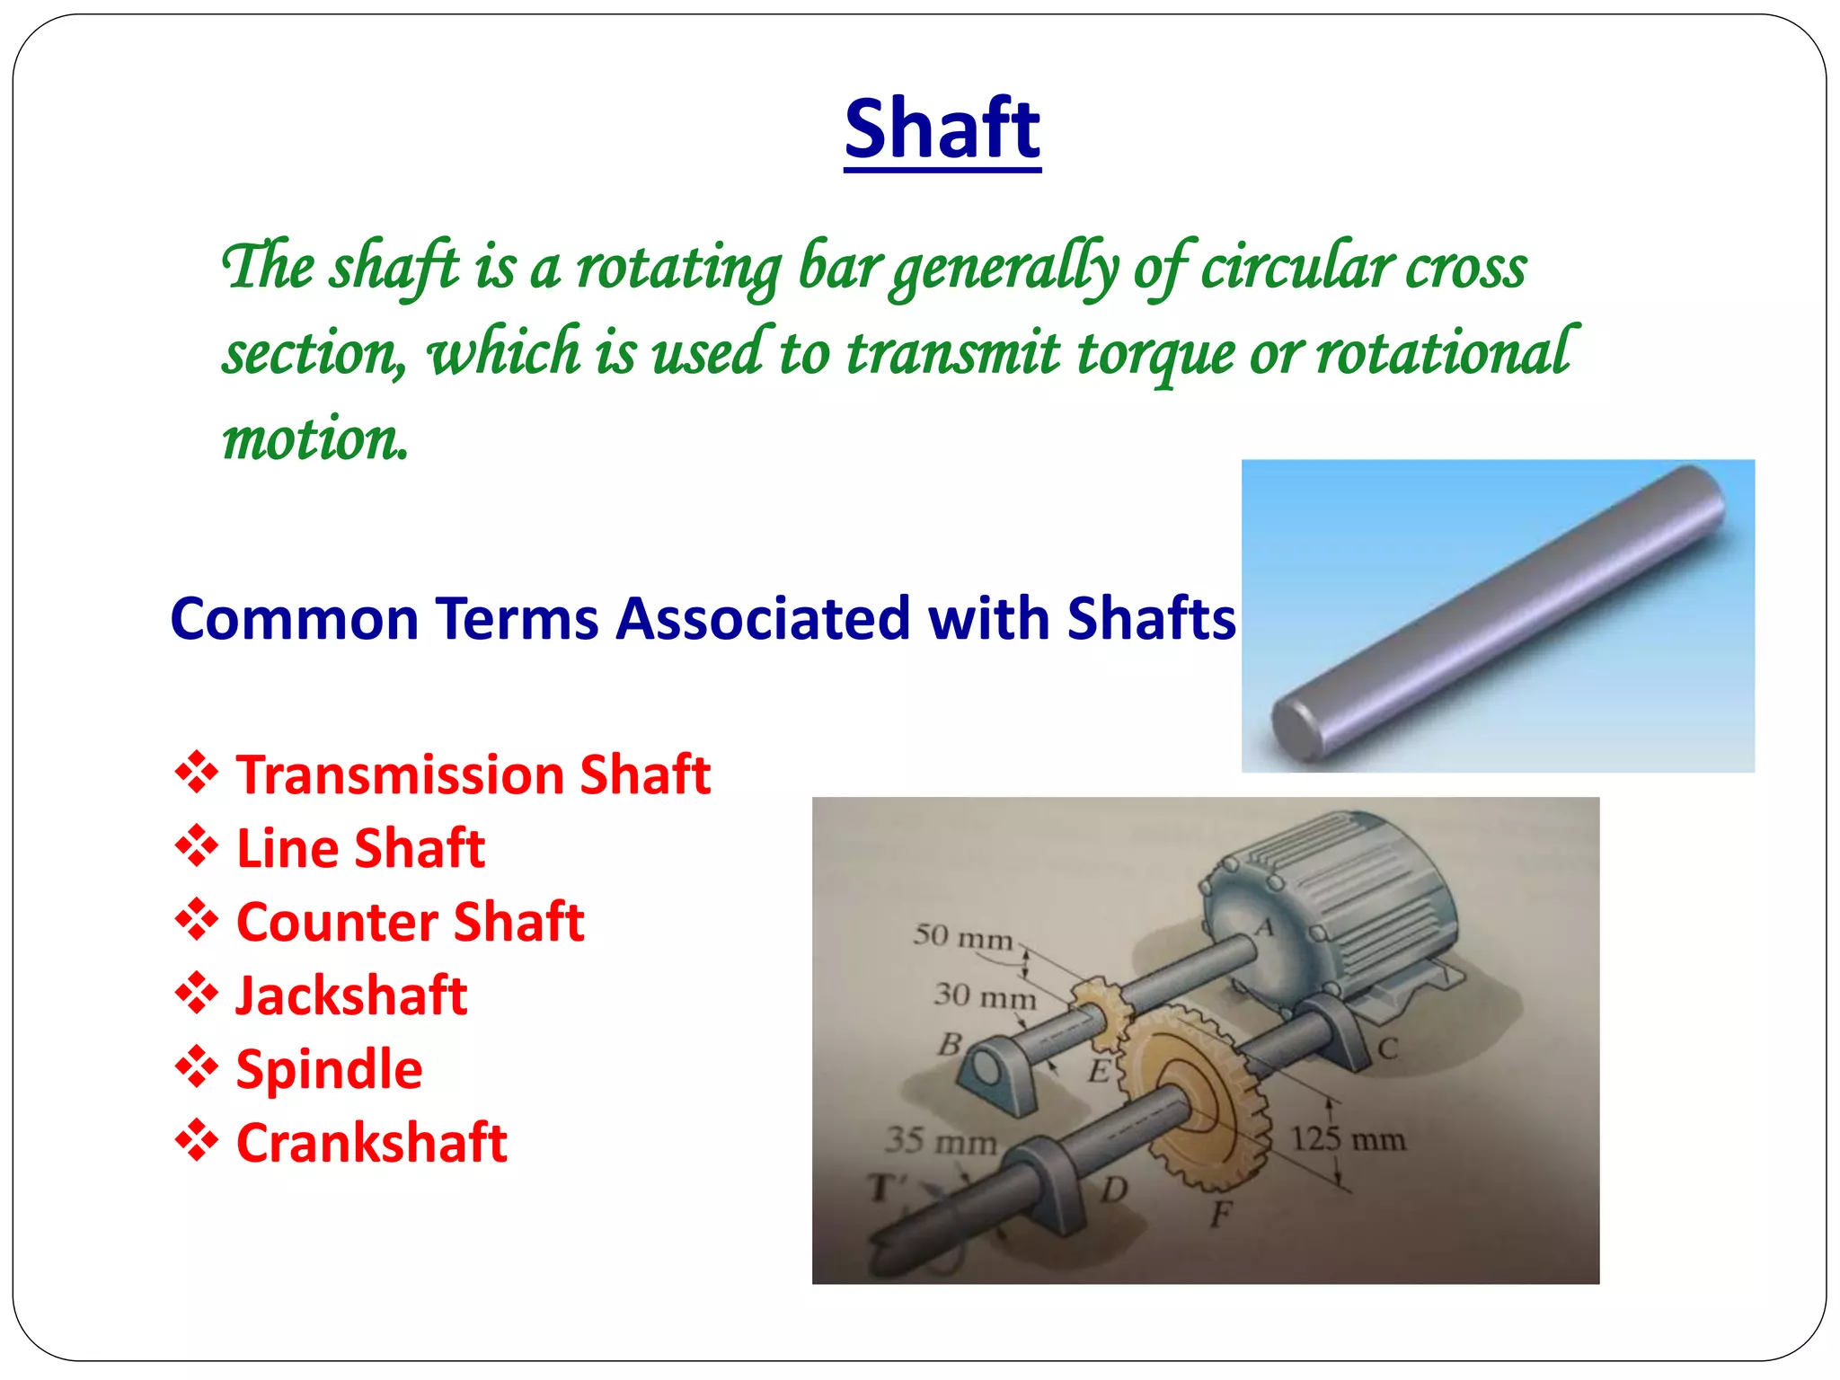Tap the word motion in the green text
coord(315,439)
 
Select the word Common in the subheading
coord(295,619)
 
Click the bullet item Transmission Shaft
coord(473,774)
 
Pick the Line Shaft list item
coord(360,848)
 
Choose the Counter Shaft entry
coord(410,922)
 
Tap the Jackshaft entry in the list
coord(351,995)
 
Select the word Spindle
coord(329,1069)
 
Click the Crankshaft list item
coord(371,1143)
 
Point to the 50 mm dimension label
coord(962,937)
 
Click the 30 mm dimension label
coord(984,995)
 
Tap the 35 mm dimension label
coord(941,1141)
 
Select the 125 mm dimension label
coord(1348,1139)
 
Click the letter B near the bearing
coord(950,1044)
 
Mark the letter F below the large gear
coord(1220,1215)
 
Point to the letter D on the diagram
coord(1114,1190)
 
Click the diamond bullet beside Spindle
coord(197,1068)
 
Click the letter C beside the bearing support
coord(1387,1048)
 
